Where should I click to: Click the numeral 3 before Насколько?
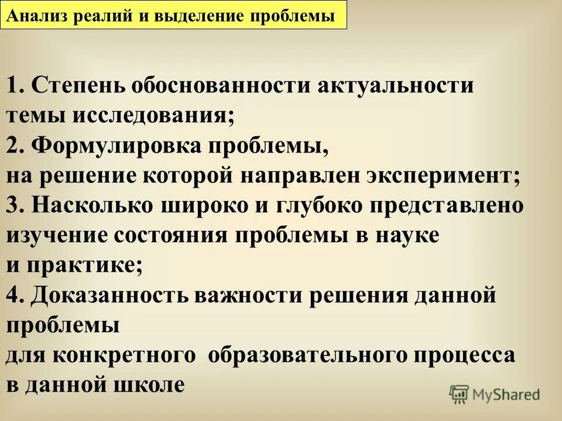click(13, 206)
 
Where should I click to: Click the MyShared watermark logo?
click(495, 394)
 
